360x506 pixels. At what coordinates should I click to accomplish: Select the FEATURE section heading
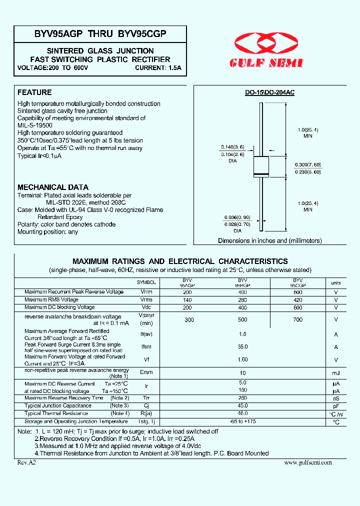[34, 92]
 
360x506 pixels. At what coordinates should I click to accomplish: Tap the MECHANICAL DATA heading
[53, 187]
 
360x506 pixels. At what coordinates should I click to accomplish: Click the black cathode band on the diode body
[261, 174]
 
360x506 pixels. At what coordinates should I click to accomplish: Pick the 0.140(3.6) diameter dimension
[231, 147]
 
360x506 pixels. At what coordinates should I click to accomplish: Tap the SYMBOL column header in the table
[146, 282]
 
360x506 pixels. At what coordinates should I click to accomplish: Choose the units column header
[336, 283]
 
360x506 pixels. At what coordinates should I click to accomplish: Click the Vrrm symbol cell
[146, 291]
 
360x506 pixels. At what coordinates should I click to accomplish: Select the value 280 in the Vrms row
[242, 299]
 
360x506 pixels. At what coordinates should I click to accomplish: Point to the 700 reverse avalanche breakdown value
[298, 319]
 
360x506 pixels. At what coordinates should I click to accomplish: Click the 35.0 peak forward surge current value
[243, 346]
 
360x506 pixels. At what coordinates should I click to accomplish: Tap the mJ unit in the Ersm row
[336, 373]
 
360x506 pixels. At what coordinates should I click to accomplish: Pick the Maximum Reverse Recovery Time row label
[64, 398]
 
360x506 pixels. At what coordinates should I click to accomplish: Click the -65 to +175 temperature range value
[243, 421]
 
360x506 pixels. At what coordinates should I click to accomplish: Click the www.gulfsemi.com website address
[307, 462]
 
